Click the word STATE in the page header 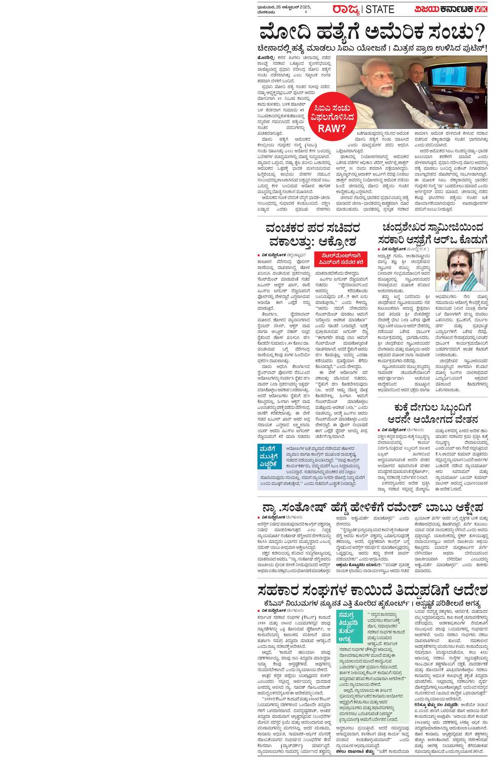click(x=379, y=9)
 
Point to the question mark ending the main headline click(x=479, y=33)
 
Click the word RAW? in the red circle click(x=332, y=128)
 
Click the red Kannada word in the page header click(x=346, y=9)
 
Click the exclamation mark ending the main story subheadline click(x=485, y=48)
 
